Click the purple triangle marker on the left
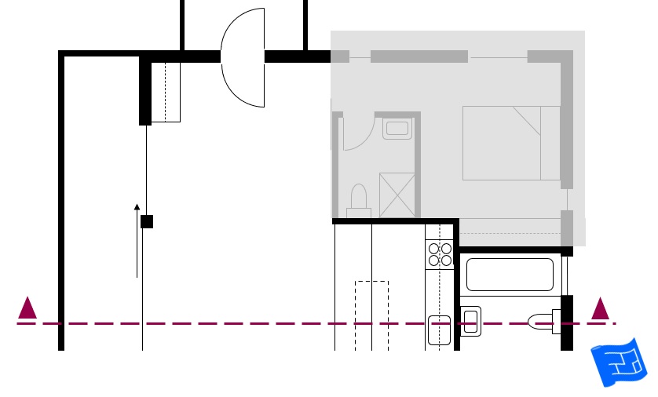coord(27,308)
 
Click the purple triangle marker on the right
coord(601,308)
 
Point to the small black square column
coord(147,221)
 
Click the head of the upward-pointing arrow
coord(137,208)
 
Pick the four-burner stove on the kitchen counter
coord(440,254)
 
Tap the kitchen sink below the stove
coord(439,330)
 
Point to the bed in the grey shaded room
coord(510,143)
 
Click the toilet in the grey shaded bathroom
coord(359,200)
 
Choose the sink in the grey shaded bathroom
coord(397,128)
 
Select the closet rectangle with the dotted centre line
coord(166,93)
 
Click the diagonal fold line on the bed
coord(528,122)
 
